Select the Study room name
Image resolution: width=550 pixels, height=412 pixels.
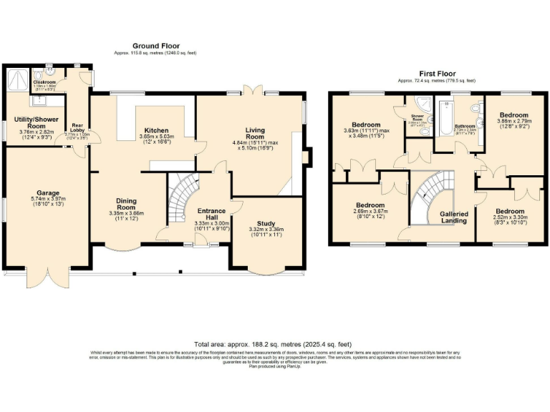[266, 222]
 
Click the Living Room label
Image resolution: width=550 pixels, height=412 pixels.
[255, 133]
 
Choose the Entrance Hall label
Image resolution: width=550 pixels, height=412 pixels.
[211, 215]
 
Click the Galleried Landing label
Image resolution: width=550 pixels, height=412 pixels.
[454, 217]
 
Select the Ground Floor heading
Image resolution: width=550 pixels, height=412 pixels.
[155, 46]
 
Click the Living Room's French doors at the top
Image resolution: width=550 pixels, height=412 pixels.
[250, 90]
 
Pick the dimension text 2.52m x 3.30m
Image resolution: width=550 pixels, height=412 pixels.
[511, 217]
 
